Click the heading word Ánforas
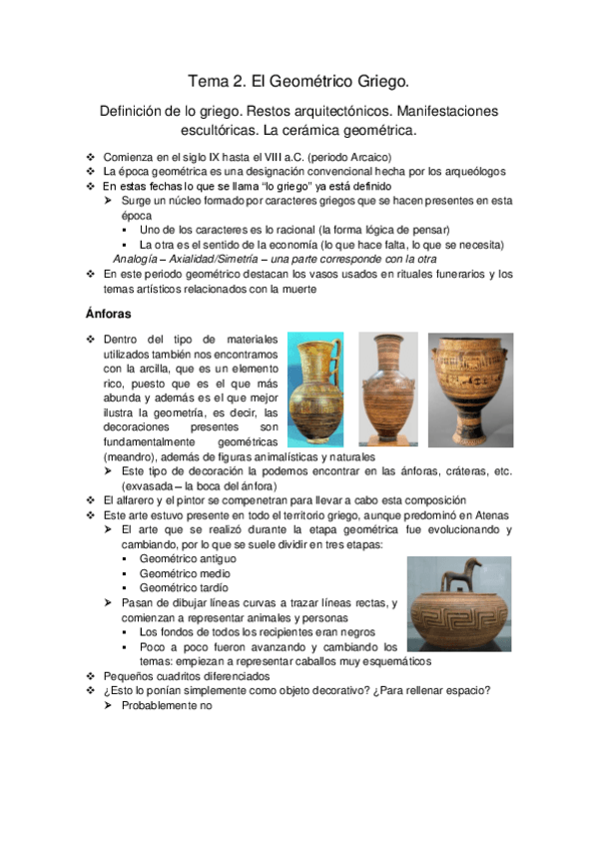pyautogui.click(x=111, y=313)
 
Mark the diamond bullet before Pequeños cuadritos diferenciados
pyautogui.click(x=91, y=676)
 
